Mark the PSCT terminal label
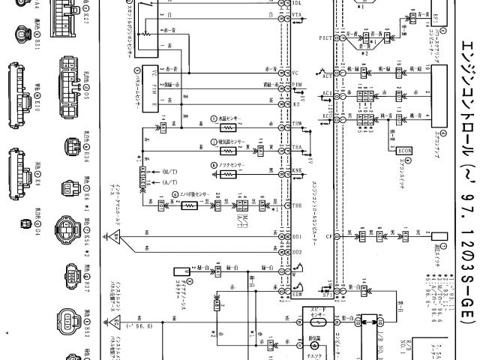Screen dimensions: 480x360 coord(325,37)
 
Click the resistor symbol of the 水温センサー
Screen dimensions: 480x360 coord(226,128)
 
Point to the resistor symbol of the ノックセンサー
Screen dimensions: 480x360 coord(226,173)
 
